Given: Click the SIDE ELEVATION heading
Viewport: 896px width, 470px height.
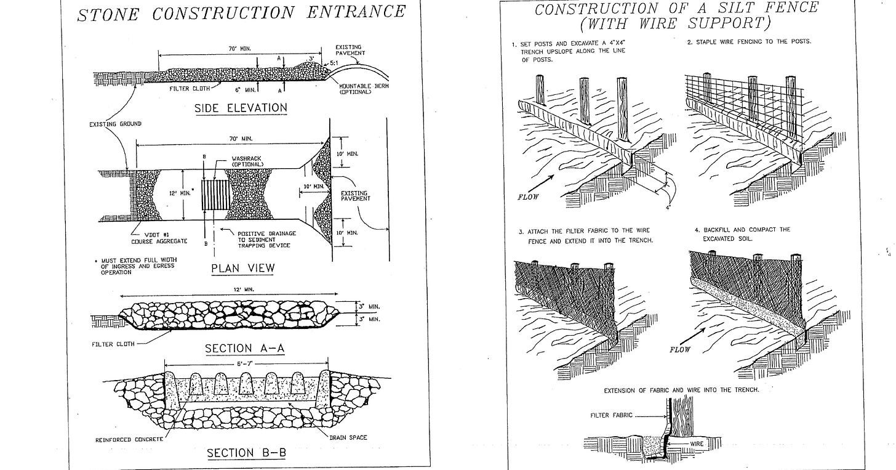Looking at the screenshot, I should coord(241,108).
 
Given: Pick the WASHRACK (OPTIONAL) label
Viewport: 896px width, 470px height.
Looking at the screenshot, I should coord(247,161).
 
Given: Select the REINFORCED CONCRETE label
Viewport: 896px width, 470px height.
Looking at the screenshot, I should coord(129,439).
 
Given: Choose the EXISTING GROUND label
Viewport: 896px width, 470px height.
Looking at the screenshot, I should coord(115,124).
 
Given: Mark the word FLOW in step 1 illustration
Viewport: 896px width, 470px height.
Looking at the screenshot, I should coord(528,197).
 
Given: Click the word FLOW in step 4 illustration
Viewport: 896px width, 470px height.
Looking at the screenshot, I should coord(680,349).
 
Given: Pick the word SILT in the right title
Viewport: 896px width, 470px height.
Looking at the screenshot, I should coord(739,8).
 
